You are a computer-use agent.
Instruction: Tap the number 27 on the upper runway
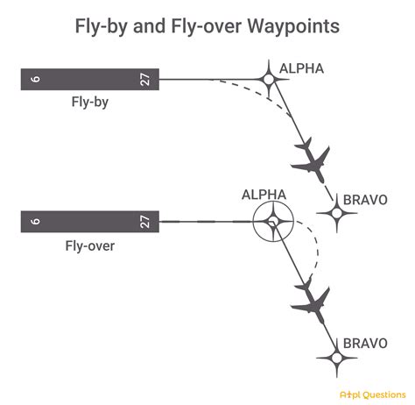click(145, 80)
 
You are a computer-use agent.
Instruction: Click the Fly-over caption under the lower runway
click(88, 245)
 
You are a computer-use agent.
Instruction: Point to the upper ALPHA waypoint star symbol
click(269, 80)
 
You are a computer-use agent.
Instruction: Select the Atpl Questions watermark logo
click(369, 393)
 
